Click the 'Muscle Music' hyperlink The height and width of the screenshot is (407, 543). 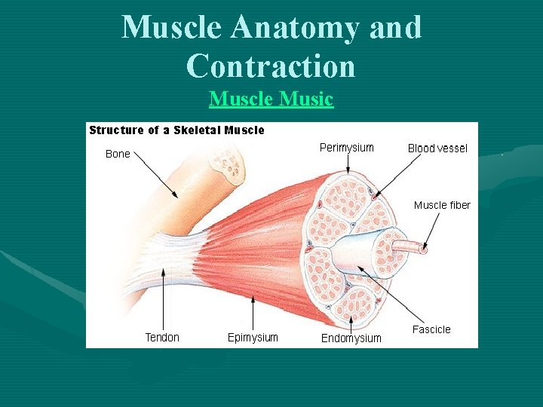coord(271,99)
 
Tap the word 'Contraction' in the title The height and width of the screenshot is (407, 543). coord(271,66)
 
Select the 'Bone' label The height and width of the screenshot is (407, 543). coord(118,154)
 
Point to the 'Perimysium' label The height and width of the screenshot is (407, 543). coord(346,148)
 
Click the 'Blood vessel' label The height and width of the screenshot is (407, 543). coord(437,148)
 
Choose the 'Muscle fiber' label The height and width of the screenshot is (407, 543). coord(442,205)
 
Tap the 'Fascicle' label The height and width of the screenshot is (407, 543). coord(431,329)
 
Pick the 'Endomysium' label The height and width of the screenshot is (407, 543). coord(351,338)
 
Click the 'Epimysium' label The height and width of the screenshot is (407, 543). coord(253,338)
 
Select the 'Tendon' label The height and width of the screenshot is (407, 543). coord(162,338)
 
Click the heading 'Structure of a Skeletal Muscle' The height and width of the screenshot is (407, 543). coord(176,130)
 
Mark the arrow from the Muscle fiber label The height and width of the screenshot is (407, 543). coord(433,229)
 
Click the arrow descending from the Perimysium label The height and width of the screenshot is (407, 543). coord(347,164)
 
